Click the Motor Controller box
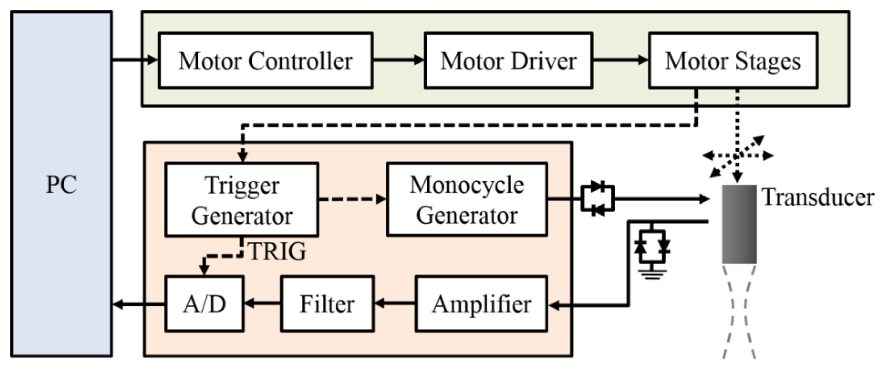tap(265, 61)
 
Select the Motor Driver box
tap(508, 61)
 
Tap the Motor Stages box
tap(733, 61)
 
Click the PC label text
tap(61, 185)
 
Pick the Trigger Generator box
tap(242, 200)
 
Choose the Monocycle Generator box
tap(466, 200)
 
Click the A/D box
tap(204, 304)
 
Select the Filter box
tap(327, 304)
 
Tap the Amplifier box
tap(481, 304)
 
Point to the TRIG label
tap(277, 252)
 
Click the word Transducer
tap(818, 197)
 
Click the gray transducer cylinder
tap(739, 224)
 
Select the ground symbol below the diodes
tap(652, 274)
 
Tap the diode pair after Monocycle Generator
tap(597, 198)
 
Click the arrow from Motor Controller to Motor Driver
tap(398, 60)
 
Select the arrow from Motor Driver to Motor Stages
tap(620, 60)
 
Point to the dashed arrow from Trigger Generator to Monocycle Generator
tap(352, 199)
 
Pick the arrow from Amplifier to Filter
tap(395, 304)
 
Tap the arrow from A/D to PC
tap(139, 305)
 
